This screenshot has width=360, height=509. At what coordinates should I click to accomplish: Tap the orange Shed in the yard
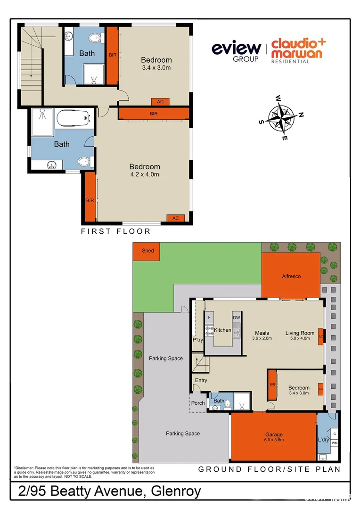(148, 251)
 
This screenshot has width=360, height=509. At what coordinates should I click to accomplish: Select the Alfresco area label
(291, 276)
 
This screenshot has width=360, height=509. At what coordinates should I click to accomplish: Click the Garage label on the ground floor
(274, 435)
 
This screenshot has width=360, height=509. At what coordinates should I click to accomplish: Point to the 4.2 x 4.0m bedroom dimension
(145, 174)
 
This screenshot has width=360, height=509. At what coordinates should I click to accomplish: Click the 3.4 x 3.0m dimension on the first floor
(156, 68)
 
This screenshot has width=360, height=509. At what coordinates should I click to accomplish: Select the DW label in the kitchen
(237, 318)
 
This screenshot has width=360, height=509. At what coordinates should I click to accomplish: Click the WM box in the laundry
(335, 443)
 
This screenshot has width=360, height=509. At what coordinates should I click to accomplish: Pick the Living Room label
(300, 333)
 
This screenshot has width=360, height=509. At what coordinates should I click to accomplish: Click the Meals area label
(262, 333)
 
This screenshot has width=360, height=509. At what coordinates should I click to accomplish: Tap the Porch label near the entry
(198, 403)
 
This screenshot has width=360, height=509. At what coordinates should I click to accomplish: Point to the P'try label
(197, 340)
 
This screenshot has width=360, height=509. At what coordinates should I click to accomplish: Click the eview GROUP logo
(236, 51)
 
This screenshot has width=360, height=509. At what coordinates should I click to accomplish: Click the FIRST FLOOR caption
(115, 231)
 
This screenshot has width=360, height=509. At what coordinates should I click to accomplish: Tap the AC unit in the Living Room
(321, 337)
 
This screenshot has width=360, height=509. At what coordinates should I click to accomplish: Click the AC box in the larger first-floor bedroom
(175, 218)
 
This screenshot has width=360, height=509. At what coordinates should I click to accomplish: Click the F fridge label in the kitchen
(209, 318)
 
